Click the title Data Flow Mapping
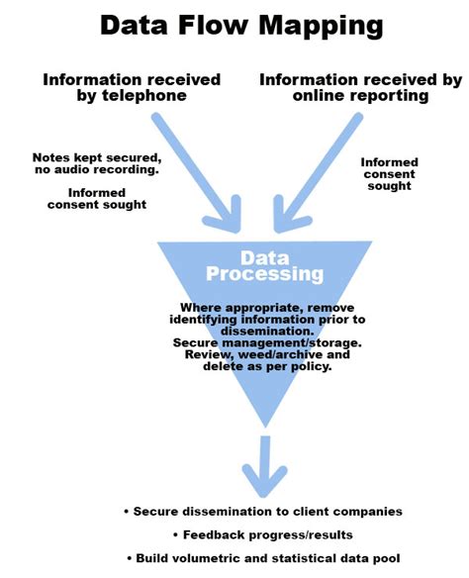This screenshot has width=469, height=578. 234,25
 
